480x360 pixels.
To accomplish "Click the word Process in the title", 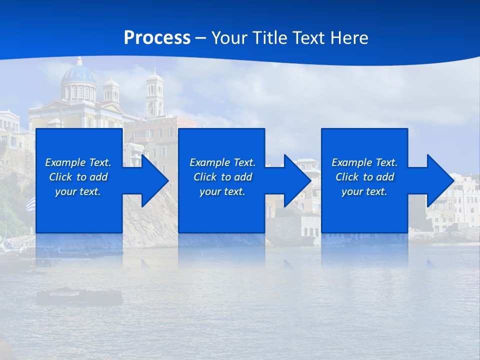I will coord(157,38).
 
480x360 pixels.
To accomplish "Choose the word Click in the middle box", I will coord(205,177).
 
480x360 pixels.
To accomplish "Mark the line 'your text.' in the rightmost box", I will coord(364,191).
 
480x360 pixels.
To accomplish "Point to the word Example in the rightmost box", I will coord(352,162).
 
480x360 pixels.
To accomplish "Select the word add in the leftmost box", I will coord(98,177).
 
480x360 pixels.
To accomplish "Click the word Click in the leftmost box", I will coord(60,177).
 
